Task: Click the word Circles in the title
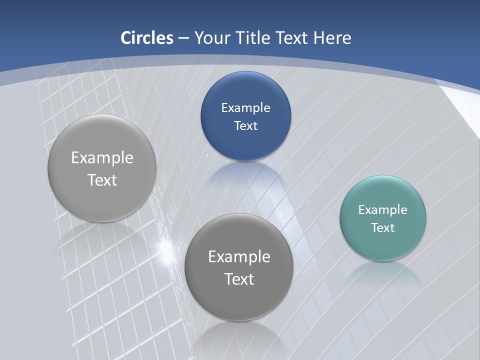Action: [146, 38]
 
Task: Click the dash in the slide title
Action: [183, 38]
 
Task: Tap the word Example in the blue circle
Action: [245, 108]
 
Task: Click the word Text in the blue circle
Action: [245, 126]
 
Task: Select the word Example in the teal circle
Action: [383, 210]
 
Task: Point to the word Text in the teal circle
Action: [383, 228]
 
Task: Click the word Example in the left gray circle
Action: [102, 158]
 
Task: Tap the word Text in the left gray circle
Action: [102, 180]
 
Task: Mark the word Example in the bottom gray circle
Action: [239, 257]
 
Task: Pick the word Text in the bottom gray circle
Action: [239, 279]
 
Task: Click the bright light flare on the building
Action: [164, 246]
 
